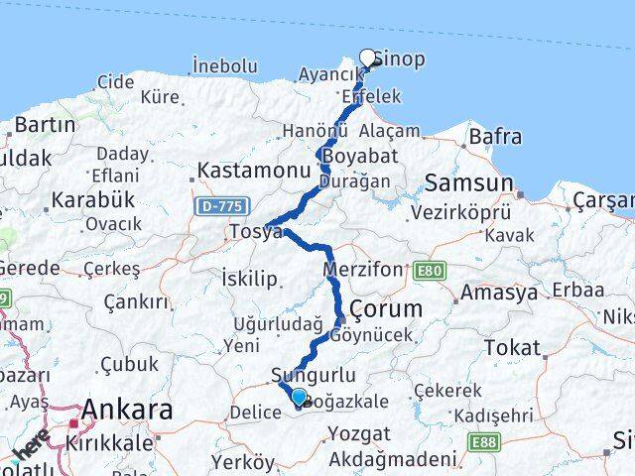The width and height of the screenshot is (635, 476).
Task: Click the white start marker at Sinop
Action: (x=368, y=58)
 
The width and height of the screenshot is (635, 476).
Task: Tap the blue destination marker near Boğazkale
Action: (x=300, y=397)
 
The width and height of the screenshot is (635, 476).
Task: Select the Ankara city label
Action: (x=127, y=410)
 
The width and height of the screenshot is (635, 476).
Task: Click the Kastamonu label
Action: (x=254, y=171)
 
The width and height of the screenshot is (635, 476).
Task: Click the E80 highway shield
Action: (x=433, y=271)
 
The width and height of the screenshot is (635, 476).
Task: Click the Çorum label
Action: (x=386, y=308)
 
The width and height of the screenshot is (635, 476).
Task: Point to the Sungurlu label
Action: (x=306, y=376)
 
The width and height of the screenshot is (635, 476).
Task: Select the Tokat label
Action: (x=513, y=348)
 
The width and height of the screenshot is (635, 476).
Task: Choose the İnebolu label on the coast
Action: (x=225, y=66)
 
